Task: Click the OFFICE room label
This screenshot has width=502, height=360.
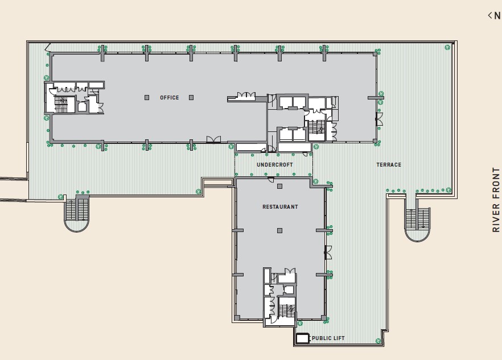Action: coord(170,98)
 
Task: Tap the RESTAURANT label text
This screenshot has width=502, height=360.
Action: coord(280,207)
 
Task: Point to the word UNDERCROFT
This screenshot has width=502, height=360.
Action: coord(275,165)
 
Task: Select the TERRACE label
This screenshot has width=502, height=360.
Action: coord(389,165)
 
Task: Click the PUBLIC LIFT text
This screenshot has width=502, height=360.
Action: coord(328,338)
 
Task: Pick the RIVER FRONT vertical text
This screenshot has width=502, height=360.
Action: coord(496,200)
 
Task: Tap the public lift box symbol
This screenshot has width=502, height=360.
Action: coord(302,338)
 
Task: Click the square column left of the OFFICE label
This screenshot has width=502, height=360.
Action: coord(147,98)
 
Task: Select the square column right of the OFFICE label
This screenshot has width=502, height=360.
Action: coord(191,98)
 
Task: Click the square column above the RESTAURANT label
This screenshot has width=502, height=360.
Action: coord(279,186)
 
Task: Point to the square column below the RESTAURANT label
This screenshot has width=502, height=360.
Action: coord(279,230)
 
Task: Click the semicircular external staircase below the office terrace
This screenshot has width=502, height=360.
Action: coord(77,213)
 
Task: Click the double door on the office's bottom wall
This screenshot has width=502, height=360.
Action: coord(213,140)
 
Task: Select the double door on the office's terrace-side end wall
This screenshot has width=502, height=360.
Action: coord(379,119)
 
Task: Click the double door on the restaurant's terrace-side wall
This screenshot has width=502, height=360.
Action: coord(328,253)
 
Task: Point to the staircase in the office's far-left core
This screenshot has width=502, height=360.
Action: coord(61,104)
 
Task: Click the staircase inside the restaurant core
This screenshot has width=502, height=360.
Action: coord(286,311)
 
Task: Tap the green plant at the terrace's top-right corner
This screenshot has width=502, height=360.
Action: coord(447,47)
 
